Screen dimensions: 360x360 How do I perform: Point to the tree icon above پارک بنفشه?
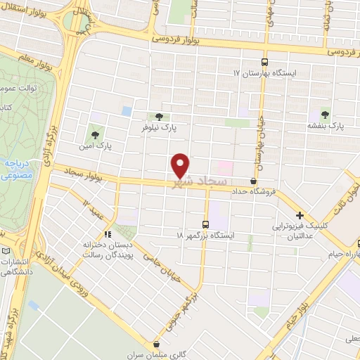(325, 112)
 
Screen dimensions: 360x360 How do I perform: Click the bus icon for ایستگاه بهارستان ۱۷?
(265, 61)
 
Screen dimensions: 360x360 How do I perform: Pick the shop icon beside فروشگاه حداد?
(253, 181)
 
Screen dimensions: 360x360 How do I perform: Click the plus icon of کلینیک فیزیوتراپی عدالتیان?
(300, 215)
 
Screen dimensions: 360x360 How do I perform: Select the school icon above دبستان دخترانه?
(108, 234)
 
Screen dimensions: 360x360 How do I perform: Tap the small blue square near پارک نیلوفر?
(127, 111)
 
